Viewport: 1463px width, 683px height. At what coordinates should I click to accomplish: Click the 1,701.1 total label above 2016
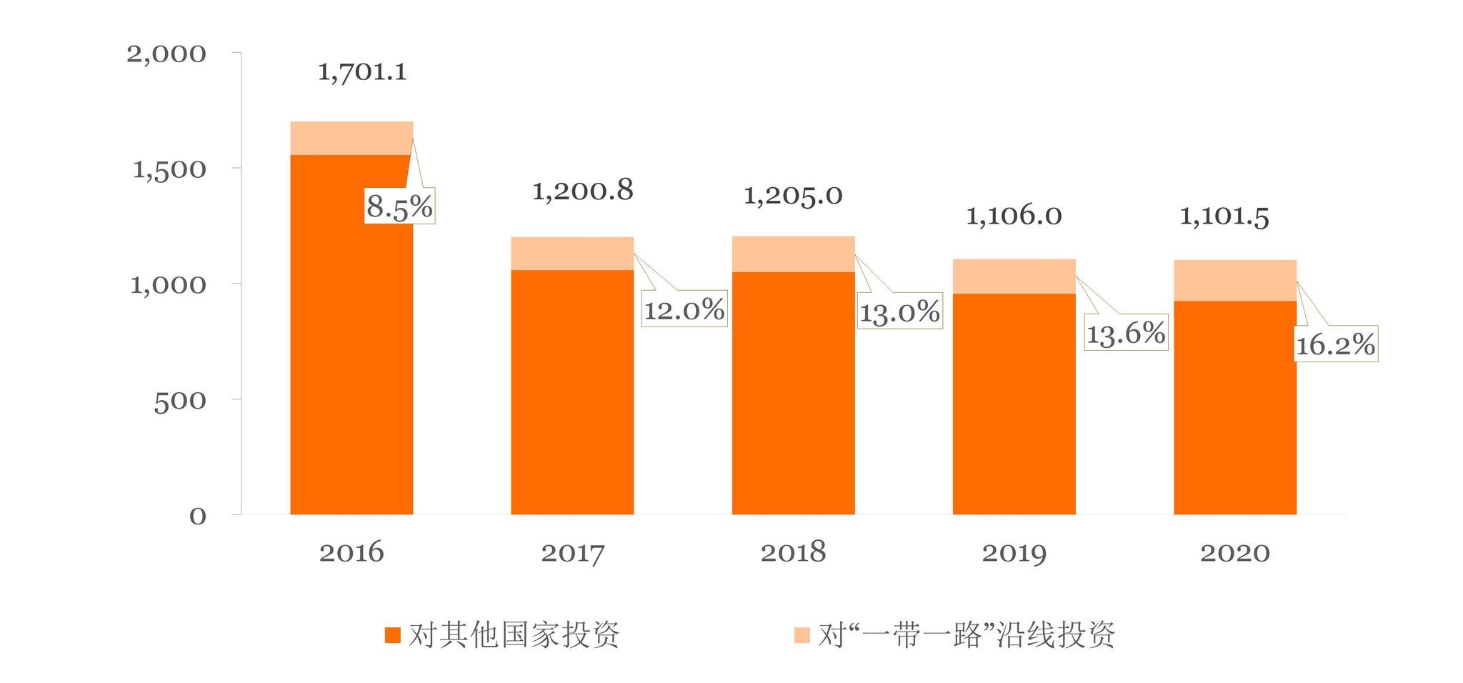point(362,72)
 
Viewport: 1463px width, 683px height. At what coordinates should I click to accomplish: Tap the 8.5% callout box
point(399,207)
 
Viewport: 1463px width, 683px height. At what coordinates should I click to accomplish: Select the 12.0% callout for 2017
point(684,309)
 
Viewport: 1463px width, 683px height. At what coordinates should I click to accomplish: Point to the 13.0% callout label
point(899,312)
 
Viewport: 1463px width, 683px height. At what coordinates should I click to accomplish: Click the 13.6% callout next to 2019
point(1126,333)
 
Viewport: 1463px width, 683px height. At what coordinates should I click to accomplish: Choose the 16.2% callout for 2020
point(1336,345)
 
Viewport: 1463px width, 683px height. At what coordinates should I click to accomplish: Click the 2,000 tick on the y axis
point(166,54)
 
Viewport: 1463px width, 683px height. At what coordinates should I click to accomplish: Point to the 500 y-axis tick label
point(180,402)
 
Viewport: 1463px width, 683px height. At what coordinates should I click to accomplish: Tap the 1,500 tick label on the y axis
point(169,170)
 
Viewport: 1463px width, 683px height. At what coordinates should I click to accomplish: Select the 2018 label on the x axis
point(793,552)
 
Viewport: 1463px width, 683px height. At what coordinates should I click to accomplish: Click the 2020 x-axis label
point(1234,552)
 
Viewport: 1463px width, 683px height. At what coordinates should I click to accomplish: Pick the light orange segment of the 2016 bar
point(351,138)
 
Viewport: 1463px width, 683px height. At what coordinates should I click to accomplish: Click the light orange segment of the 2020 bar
point(1235,281)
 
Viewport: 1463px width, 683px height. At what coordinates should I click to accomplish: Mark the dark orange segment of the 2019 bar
point(1014,404)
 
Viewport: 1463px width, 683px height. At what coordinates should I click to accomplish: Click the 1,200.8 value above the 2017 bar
point(583,191)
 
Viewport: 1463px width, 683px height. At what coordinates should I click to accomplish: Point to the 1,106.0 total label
point(1014,216)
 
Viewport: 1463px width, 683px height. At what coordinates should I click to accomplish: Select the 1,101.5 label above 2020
point(1224,216)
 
